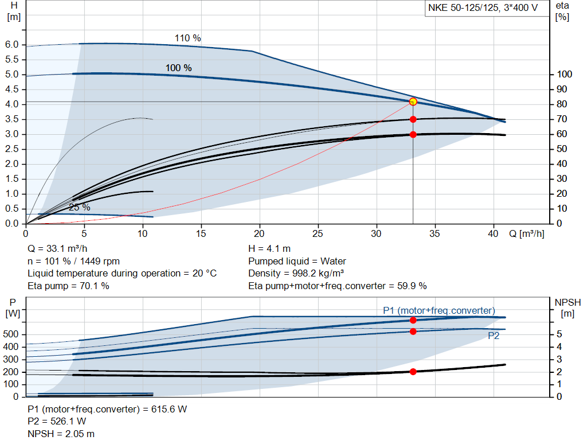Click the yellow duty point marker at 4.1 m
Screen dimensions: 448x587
pos(413,102)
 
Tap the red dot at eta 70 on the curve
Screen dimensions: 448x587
pos(413,119)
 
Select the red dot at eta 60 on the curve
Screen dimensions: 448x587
pos(413,134)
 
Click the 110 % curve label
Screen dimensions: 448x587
pos(187,38)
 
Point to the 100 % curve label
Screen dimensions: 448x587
pos(178,68)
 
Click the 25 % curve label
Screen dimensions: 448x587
pos(79,208)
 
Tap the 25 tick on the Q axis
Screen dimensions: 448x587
pos(318,234)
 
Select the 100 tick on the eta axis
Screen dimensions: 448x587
pos(564,75)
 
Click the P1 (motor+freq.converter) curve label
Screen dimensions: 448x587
pos(439,310)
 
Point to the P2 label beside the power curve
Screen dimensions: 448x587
pos(493,336)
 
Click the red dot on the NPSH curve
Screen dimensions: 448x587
pos(413,372)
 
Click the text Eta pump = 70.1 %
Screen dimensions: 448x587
pos(68,286)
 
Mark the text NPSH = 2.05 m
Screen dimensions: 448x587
pos(61,434)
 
